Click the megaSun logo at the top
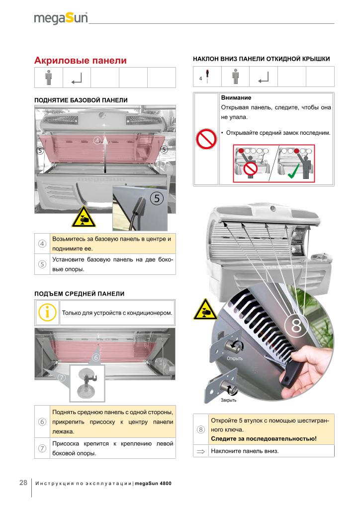61,18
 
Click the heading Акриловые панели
80,61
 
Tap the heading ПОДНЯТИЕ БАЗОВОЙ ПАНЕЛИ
81,100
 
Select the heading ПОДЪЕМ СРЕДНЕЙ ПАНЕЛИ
79,294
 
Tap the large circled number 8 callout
296,326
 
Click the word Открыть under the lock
234,358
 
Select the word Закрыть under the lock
229,400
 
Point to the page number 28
23,483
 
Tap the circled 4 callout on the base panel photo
98,140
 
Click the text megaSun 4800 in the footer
153,483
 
